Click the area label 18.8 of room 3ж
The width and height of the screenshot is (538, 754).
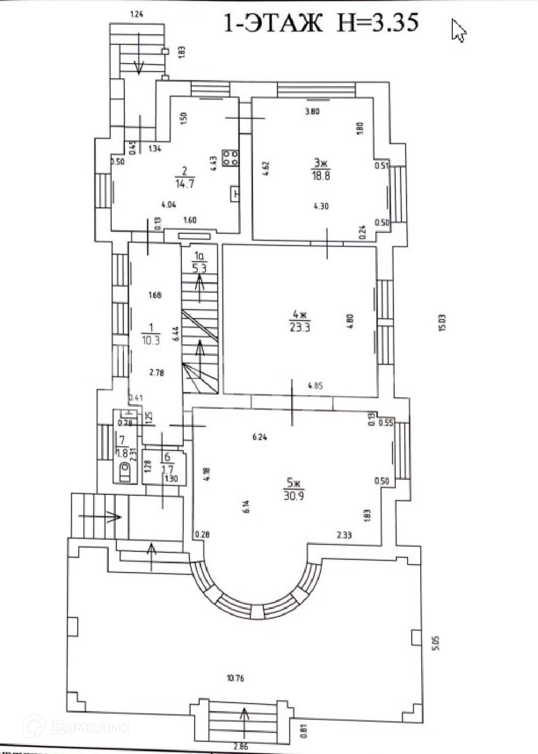320,176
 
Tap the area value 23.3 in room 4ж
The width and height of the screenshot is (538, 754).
301,327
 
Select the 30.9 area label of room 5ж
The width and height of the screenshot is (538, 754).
293,495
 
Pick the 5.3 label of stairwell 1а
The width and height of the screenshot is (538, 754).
199,269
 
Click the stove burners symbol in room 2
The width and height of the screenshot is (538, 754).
231,158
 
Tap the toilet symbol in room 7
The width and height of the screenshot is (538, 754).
125,469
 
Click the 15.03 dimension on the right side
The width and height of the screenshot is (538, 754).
441,323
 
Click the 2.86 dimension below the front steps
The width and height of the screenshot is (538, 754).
240,746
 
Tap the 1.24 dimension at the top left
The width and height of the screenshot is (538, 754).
136,14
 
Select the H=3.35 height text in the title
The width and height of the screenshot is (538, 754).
377,23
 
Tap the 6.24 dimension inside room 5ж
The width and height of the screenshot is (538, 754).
260,437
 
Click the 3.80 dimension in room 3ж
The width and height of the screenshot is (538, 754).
312,112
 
